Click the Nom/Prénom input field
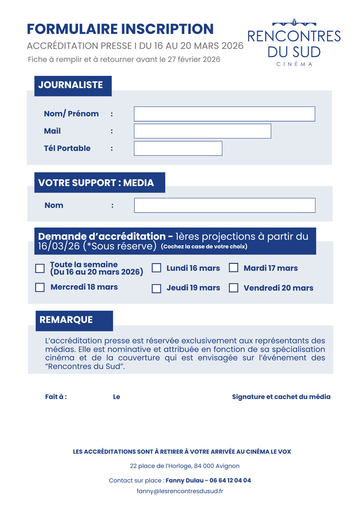point(224,114)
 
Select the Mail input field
point(202,131)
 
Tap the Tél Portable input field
point(178,148)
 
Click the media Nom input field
point(224,205)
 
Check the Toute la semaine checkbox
point(40,268)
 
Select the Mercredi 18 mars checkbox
point(40,288)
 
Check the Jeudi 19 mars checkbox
point(157,288)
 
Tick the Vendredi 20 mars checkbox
point(234,288)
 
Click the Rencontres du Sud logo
point(294,43)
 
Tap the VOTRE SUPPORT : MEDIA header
point(99,183)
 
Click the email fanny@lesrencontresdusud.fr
point(180,491)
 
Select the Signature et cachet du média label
point(281,397)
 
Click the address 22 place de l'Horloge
point(185,466)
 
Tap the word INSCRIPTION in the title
point(167,29)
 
